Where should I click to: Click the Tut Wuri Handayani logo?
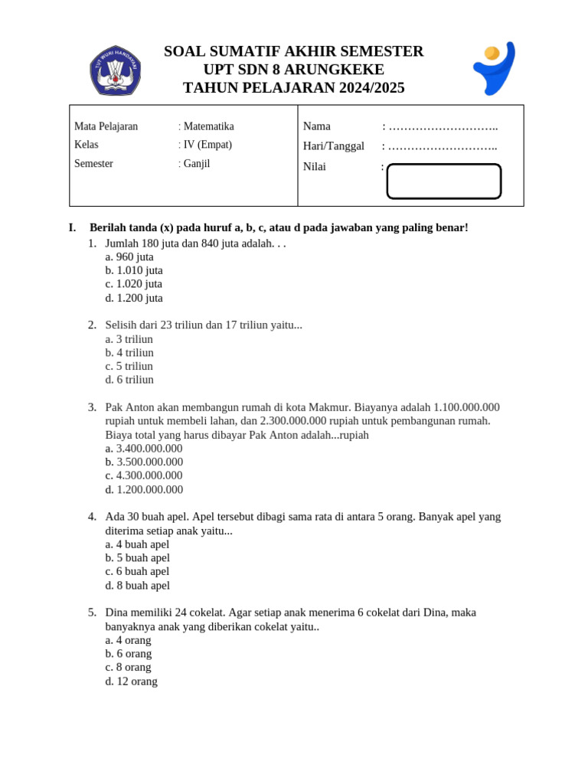tap(115, 70)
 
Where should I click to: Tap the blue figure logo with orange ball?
tap(494, 68)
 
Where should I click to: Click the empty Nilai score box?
tap(443, 181)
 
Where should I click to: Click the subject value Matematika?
tap(208, 126)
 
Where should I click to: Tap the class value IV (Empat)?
tap(207, 145)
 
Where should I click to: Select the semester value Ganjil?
tap(197, 163)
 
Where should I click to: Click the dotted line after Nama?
tap(443, 126)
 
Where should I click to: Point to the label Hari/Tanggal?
tap(333, 145)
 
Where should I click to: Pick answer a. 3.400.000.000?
tap(144, 449)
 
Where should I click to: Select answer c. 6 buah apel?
tap(137, 571)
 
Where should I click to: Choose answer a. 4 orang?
tap(128, 640)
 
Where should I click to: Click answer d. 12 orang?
tap(131, 681)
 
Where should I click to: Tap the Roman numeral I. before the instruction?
tap(72, 227)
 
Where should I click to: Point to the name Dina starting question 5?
tap(117, 612)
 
